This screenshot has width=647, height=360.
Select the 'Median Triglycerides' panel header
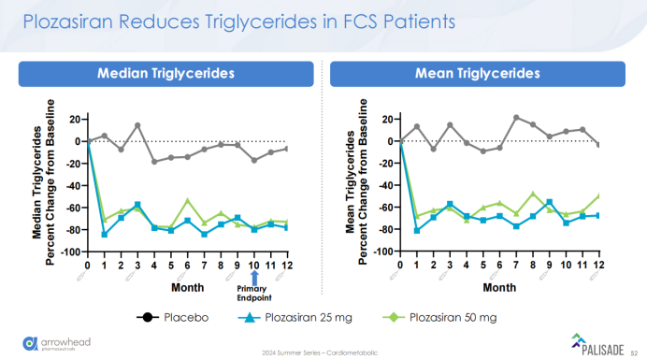(x=165, y=72)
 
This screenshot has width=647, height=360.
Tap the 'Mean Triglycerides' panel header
(x=478, y=72)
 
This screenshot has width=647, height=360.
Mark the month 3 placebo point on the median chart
(x=137, y=125)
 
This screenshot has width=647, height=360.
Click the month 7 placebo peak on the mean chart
(x=515, y=117)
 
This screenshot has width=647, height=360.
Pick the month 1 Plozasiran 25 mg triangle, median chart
(x=104, y=235)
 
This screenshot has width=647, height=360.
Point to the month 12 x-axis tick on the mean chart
(x=598, y=265)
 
